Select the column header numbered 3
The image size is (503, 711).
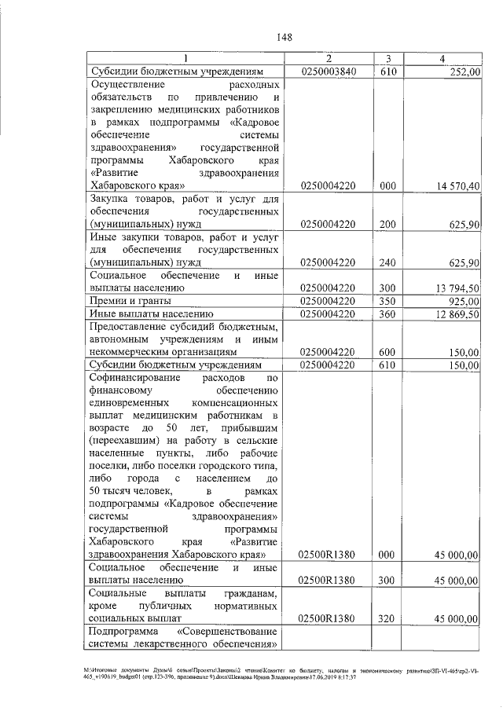tap(388, 59)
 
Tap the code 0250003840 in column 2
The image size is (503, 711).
tap(329, 71)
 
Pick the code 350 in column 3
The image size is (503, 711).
tap(386, 301)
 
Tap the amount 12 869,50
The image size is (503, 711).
tap(457, 314)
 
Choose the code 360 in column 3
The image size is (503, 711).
tap(386, 314)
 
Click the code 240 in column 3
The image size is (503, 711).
tap(386, 262)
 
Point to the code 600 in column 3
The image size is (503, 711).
tap(386, 353)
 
